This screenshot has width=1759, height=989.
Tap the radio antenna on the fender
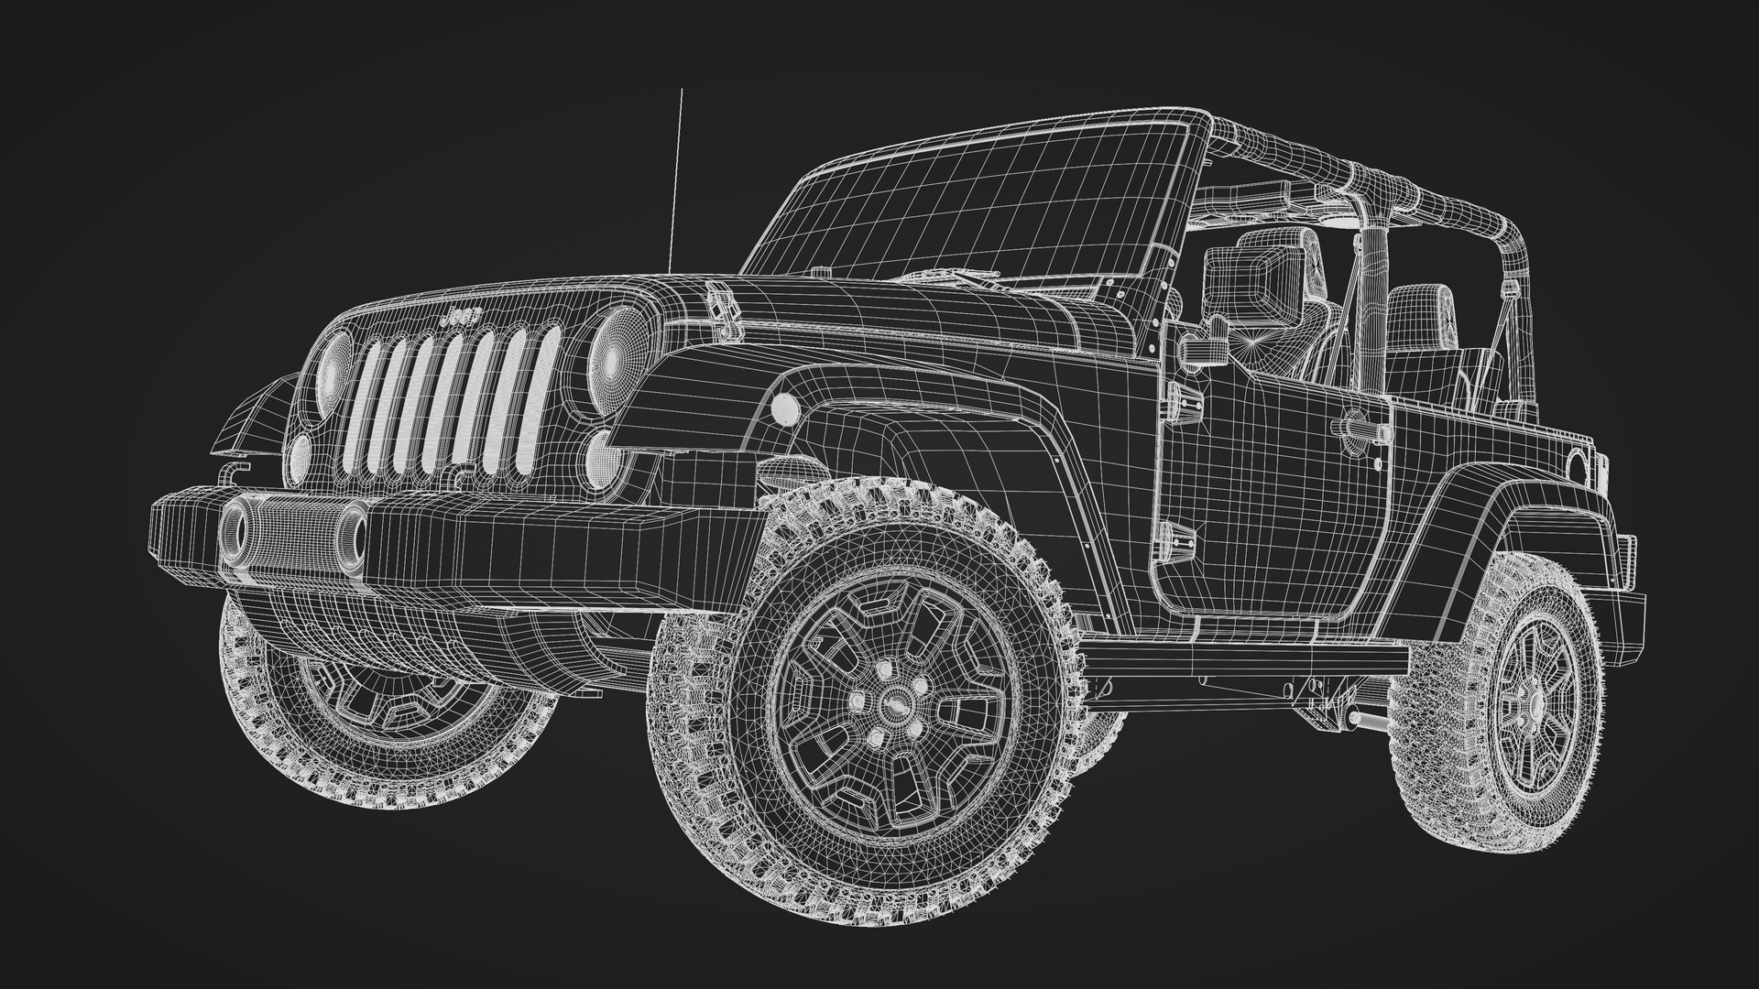[x=677, y=183]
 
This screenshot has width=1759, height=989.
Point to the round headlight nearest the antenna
[x=334, y=371]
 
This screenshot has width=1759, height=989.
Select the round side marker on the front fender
[x=785, y=408]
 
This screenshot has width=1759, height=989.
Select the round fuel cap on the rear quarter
[x=1578, y=467]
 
